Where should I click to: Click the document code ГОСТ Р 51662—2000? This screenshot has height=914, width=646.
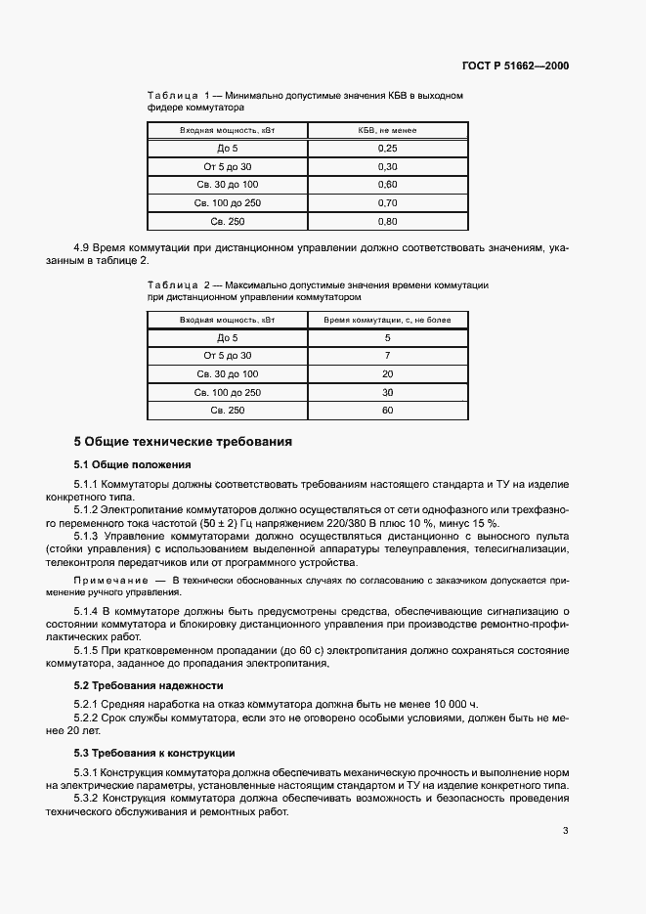tap(515, 66)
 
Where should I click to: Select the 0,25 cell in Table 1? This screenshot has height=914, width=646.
tap(387, 149)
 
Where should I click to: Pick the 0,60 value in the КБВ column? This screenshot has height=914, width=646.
tap(387, 185)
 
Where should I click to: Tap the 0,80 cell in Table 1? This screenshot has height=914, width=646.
tap(387, 222)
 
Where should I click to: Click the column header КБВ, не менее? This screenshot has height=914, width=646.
tap(387, 130)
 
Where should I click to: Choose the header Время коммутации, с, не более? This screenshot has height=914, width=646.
tap(387, 320)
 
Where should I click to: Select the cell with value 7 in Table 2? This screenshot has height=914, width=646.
tap(387, 356)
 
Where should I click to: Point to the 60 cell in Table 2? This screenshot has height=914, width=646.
tap(387, 411)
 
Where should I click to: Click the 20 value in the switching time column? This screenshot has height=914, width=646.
tap(387, 374)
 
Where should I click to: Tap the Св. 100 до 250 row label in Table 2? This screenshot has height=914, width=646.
tap(227, 392)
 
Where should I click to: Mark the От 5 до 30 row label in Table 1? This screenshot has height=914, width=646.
tap(227, 167)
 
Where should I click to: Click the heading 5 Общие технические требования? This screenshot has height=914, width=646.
tap(183, 442)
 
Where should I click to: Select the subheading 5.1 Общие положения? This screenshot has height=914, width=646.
tap(133, 464)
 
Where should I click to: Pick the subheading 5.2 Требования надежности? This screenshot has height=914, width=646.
tap(149, 685)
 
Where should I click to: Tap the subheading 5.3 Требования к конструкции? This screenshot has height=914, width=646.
tap(153, 753)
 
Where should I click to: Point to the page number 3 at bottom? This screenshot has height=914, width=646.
tap(565, 832)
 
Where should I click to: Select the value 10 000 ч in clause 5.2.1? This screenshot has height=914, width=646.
tap(450, 704)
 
